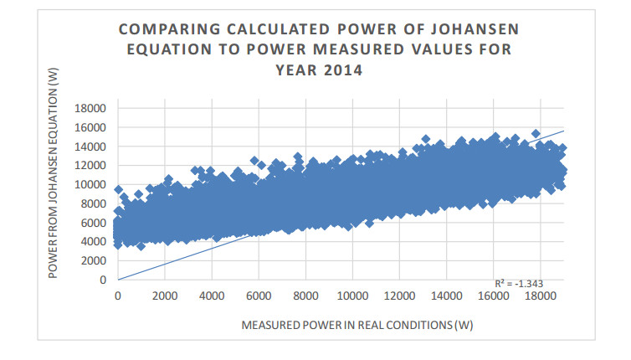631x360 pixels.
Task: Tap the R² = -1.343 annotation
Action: (518, 283)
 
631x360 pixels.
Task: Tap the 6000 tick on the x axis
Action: (257, 296)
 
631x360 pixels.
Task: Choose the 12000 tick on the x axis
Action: (398, 296)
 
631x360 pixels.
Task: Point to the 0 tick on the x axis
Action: (117, 296)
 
